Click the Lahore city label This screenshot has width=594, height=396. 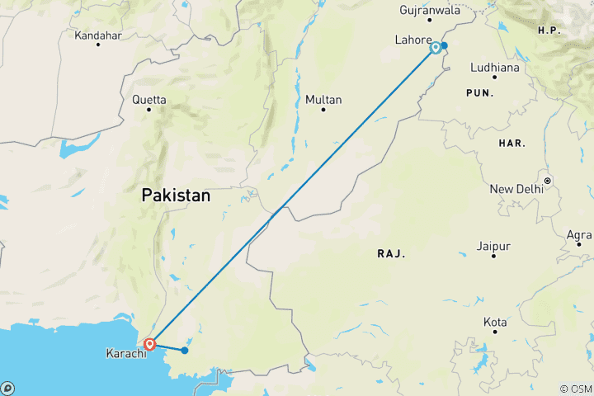click(413, 40)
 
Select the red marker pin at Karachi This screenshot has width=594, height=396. click(149, 344)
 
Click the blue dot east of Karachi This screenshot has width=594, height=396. click(185, 351)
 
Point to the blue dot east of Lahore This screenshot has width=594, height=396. click(444, 45)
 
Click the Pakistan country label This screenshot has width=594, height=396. click(176, 196)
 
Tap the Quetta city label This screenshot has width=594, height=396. click(149, 100)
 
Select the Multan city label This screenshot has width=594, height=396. click(323, 100)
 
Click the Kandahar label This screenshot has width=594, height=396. click(98, 36)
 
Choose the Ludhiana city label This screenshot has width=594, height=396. click(495, 68)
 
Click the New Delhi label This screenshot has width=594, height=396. click(517, 189)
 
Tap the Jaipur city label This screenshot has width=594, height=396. click(493, 246)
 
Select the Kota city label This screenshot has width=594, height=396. click(495, 321)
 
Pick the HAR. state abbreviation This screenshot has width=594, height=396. click(511, 144)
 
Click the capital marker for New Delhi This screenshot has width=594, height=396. click(546, 180)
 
